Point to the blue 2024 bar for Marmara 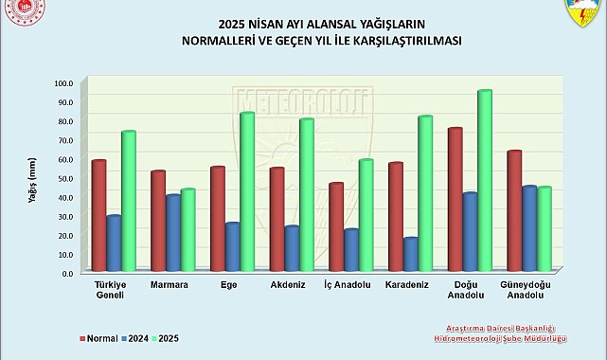(x=173, y=233)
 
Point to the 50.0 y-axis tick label (x=62, y=178)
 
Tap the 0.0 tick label (x=64, y=273)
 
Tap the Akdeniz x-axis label (x=287, y=284)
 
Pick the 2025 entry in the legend (x=166, y=338)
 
